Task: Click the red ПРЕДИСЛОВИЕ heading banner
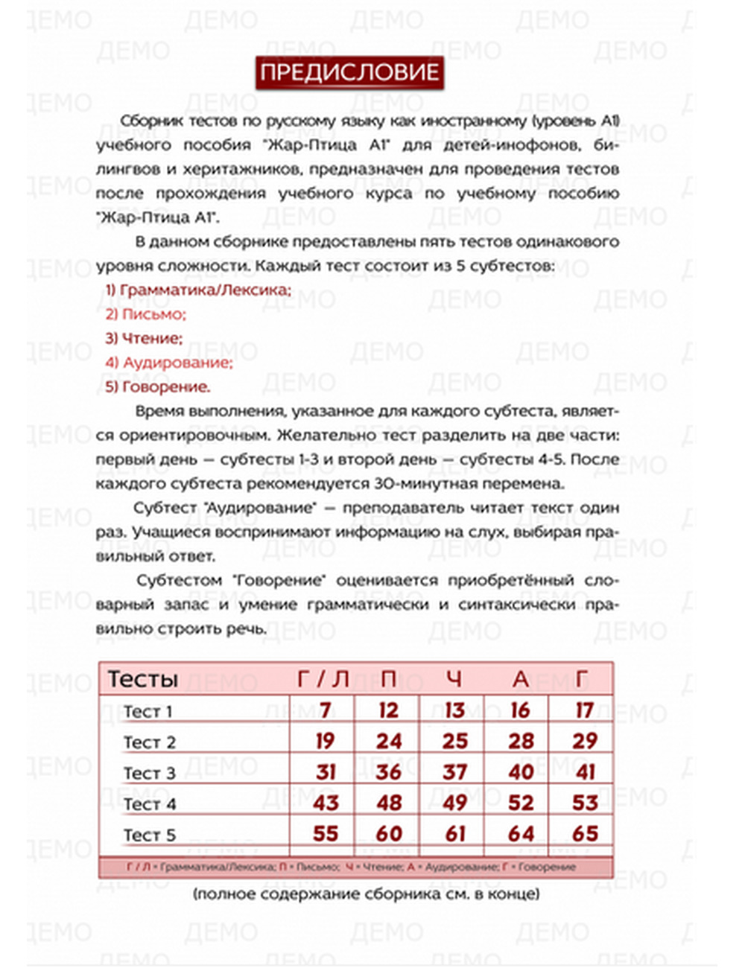point(349,73)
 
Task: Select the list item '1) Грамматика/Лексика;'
point(197,290)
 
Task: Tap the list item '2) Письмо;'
point(145,314)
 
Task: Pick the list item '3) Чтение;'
point(143,339)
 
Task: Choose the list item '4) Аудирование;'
point(168,363)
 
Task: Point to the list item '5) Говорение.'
point(157,387)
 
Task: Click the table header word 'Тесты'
point(143,679)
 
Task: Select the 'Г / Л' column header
point(323,679)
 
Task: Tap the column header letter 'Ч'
point(454,679)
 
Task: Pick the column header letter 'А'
point(520,679)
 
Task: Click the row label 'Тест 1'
point(148,712)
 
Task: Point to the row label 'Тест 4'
point(150,804)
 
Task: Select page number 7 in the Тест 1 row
point(325,710)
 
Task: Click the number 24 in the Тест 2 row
point(389,742)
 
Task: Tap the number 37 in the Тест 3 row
point(454,772)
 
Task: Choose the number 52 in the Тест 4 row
point(521,803)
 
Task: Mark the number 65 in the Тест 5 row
point(585,834)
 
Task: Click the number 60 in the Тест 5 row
point(389,834)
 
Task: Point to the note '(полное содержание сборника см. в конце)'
point(366,894)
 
